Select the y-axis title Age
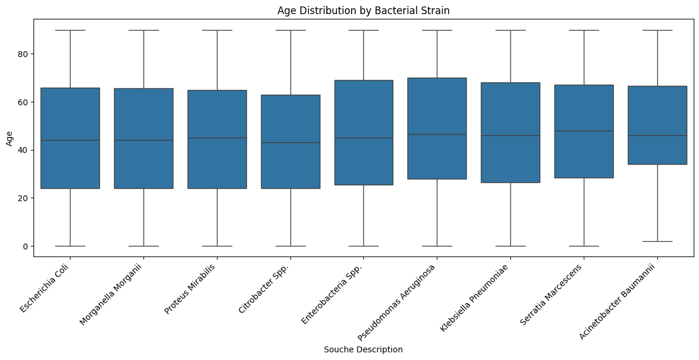click(9, 138)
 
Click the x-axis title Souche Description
click(363, 349)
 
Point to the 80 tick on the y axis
click(25, 54)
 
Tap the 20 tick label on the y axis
click(25, 198)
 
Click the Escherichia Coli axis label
click(45, 289)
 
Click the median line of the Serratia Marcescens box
click(584, 131)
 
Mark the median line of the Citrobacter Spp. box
click(290, 142)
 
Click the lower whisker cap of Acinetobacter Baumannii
click(657, 241)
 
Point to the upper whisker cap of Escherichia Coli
click(70, 30)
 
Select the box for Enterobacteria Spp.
click(363, 132)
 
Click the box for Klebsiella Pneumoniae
click(510, 132)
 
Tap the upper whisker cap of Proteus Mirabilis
click(217, 30)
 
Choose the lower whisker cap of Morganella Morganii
click(143, 246)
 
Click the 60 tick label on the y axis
click(25, 102)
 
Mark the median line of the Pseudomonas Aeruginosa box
click(437, 134)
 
